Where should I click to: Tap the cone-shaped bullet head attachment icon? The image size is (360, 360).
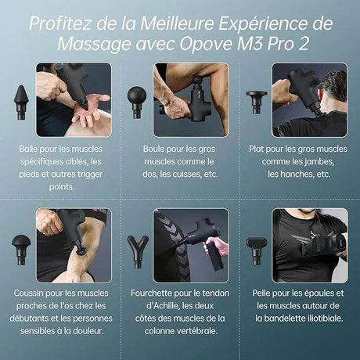tap(21, 99)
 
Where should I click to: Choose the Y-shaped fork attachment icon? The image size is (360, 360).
tap(137, 249)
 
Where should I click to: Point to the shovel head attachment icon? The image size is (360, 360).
tap(255, 248)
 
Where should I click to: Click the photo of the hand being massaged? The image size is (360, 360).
tap(74, 99)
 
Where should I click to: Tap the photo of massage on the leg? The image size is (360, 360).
tap(190, 99)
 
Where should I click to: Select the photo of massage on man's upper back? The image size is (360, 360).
tap(309, 99)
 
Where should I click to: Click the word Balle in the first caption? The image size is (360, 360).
tap(32, 148)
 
